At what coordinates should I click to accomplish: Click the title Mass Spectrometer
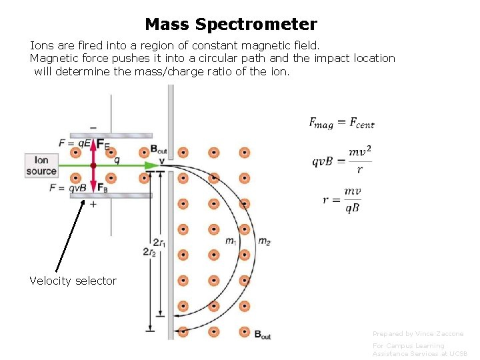click(231, 25)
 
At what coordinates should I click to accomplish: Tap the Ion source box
click(41, 165)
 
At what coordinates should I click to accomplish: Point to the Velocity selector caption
click(73, 281)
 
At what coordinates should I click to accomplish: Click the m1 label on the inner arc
click(231, 241)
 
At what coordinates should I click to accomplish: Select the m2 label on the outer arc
click(264, 241)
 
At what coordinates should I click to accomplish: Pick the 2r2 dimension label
click(149, 251)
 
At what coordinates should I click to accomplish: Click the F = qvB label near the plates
click(67, 188)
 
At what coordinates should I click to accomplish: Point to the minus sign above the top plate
click(93, 127)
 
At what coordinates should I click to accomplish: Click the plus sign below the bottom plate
click(93, 204)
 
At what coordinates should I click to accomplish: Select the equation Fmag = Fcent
click(341, 123)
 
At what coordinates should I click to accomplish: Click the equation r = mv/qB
click(343, 199)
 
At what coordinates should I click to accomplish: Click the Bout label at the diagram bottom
click(263, 334)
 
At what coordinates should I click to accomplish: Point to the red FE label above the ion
click(103, 144)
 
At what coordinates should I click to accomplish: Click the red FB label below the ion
click(103, 187)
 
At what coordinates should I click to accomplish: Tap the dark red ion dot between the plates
click(93, 165)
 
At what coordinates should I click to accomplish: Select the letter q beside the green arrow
click(117, 159)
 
